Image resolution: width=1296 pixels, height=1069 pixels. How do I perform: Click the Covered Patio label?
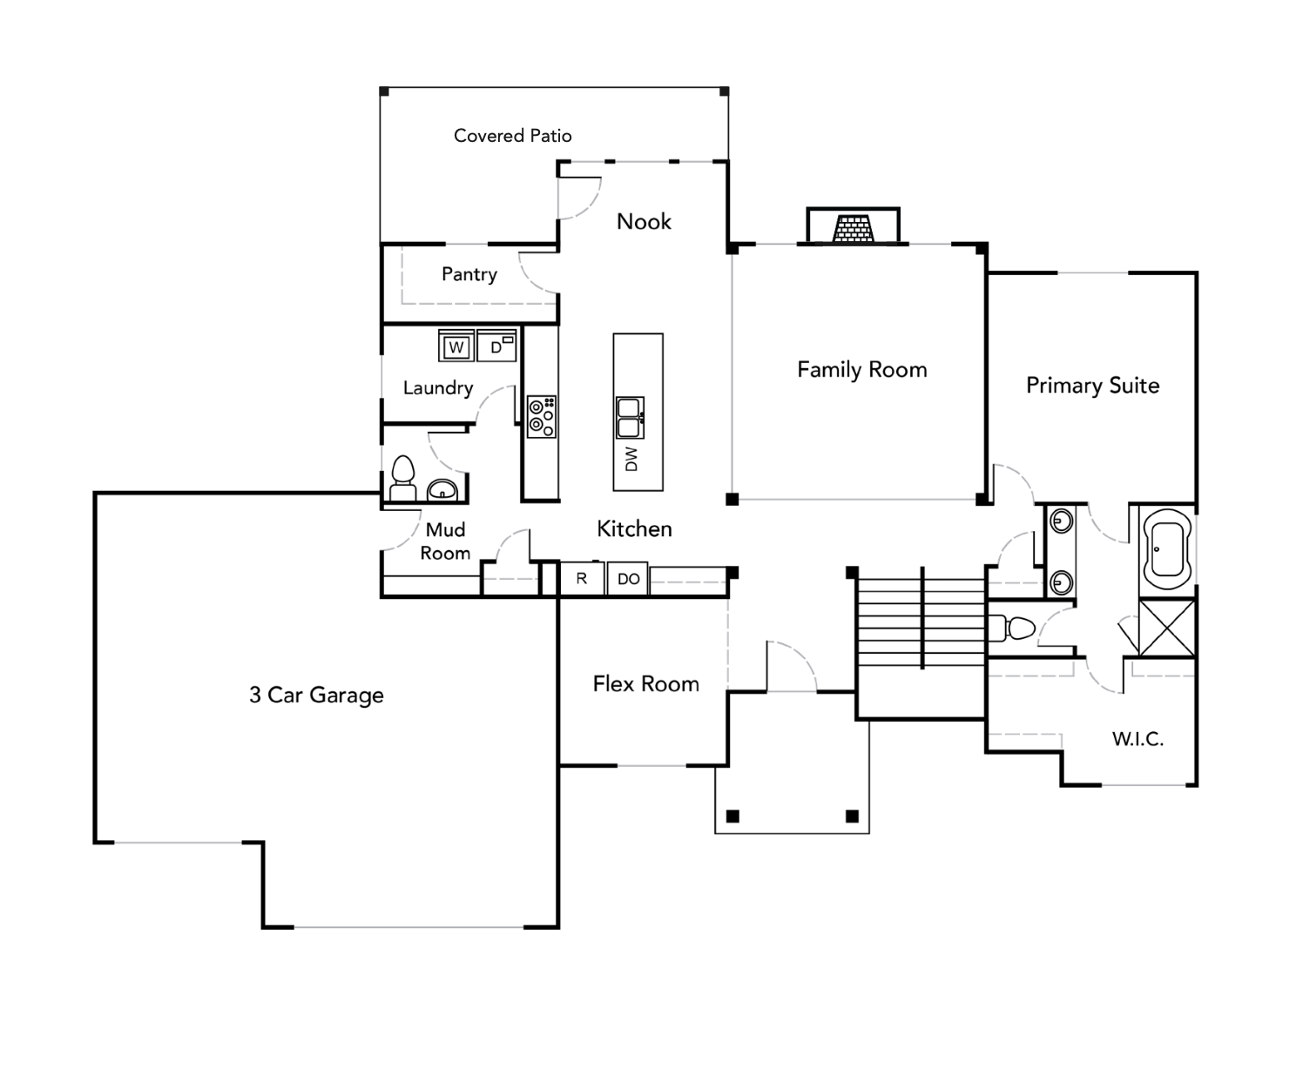point(512,136)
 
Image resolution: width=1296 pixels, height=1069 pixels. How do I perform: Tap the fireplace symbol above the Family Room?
point(853,227)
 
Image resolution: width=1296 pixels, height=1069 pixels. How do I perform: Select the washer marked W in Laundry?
point(456,346)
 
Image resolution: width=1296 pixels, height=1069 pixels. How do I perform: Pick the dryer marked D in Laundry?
point(496,346)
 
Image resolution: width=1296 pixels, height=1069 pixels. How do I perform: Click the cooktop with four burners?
point(542,417)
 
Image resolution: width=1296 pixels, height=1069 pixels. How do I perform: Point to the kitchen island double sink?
point(630,418)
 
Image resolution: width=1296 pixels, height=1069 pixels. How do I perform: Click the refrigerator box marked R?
point(582,579)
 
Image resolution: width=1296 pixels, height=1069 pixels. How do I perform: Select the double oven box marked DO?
point(628,579)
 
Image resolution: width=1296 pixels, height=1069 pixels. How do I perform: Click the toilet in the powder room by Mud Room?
point(402,478)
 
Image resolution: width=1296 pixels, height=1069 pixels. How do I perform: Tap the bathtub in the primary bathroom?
point(1167,549)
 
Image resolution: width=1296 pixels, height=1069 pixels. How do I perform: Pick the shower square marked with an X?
point(1167,628)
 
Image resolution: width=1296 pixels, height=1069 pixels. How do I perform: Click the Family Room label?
point(861,370)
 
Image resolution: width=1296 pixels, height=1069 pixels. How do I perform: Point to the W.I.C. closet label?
point(1137,739)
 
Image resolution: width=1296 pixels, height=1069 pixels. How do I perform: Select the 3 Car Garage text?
point(316,695)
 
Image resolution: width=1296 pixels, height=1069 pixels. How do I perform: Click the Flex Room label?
point(645,684)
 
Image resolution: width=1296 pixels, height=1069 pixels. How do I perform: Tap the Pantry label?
point(469,274)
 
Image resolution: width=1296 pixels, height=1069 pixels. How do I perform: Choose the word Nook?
point(644,222)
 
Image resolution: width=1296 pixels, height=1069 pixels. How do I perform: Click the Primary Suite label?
point(1092,386)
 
